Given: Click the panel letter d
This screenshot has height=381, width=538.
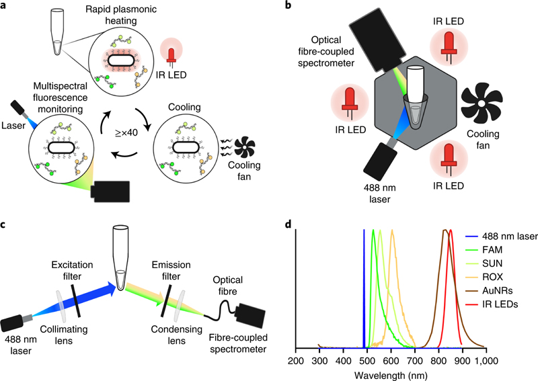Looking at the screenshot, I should [x=287, y=222].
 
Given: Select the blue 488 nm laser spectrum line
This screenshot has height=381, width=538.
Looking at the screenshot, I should [x=364, y=289].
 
